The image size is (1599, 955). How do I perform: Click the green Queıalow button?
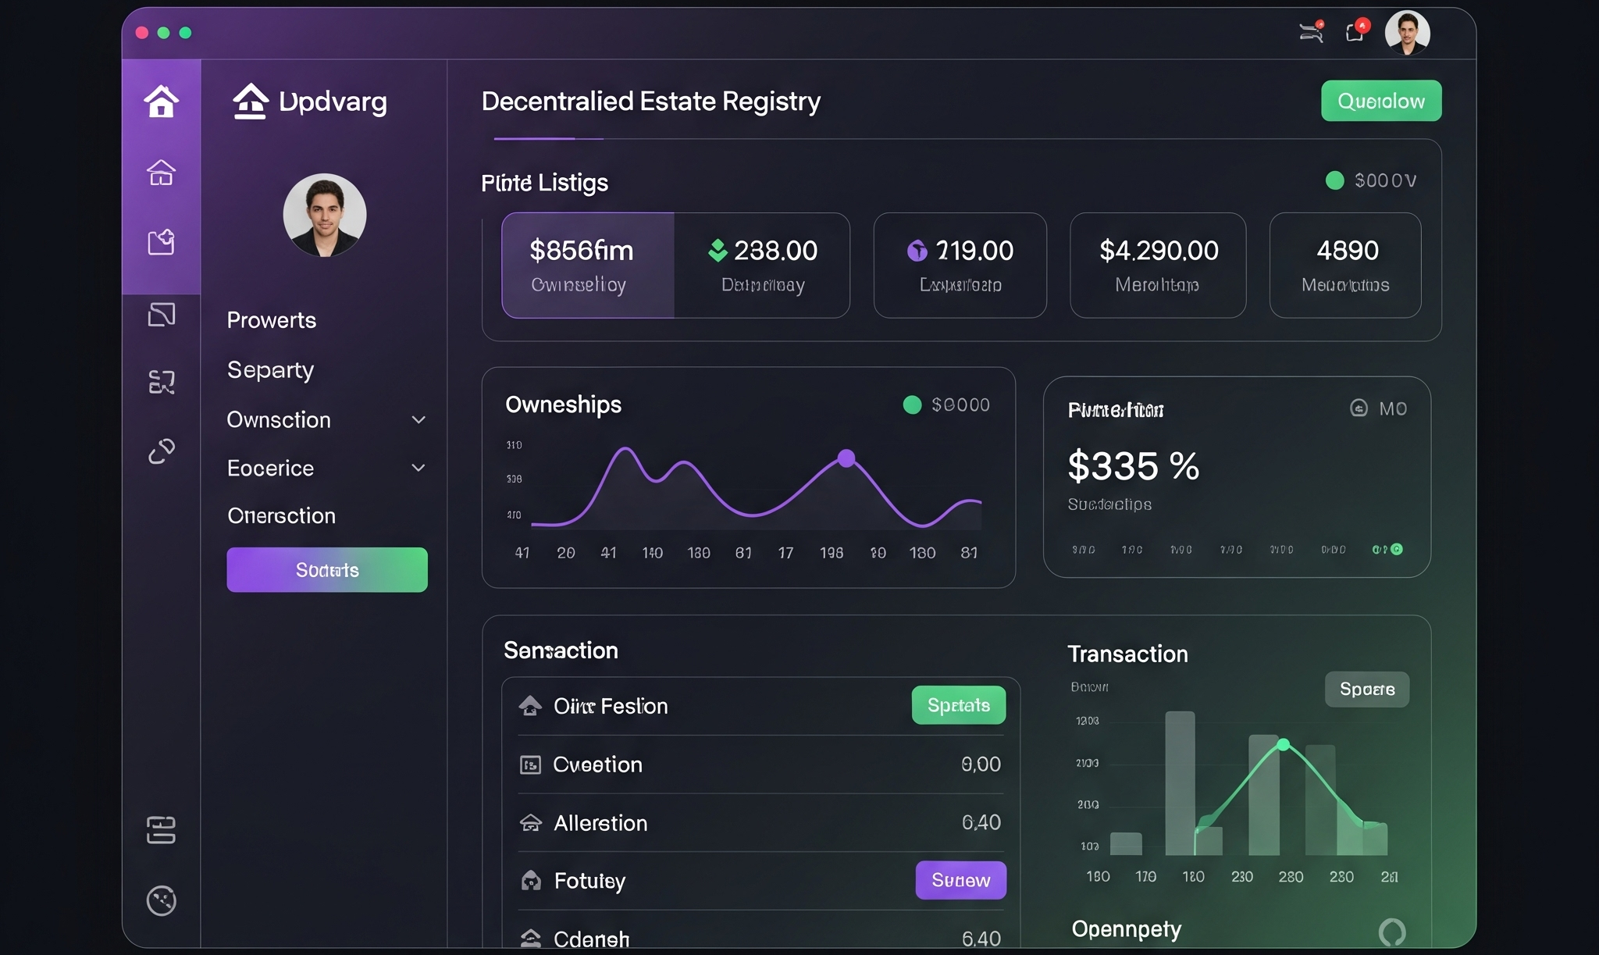(x=1380, y=101)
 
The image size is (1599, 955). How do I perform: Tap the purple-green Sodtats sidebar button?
(x=327, y=570)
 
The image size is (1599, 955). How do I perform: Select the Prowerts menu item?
(x=272, y=320)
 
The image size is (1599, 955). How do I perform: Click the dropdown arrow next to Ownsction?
(x=418, y=420)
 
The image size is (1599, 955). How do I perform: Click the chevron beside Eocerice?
(x=418, y=468)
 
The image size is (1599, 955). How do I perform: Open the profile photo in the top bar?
(x=1407, y=33)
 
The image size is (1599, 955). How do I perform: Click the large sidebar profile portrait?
(x=325, y=216)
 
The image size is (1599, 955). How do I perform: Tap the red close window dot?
(x=142, y=33)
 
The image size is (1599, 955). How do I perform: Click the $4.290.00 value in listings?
(x=1159, y=251)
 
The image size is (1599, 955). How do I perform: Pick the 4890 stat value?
(x=1348, y=251)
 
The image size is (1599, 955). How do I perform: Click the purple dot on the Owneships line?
(x=846, y=458)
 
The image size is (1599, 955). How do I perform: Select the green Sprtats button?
(x=958, y=705)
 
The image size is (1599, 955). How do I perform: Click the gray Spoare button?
(x=1367, y=689)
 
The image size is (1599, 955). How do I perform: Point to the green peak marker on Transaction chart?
(x=1283, y=744)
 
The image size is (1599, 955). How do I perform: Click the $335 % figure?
(x=1133, y=466)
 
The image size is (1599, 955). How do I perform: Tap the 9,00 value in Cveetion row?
(x=981, y=764)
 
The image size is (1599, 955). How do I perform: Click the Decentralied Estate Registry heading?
(x=650, y=102)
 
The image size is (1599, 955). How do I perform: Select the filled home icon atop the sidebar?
(x=162, y=102)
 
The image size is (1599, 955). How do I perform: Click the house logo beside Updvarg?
(x=251, y=102)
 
